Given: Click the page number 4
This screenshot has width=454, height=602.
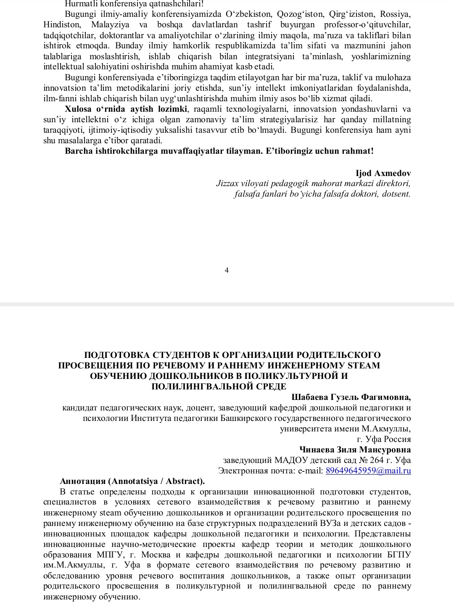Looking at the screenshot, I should click(x=227, y=270).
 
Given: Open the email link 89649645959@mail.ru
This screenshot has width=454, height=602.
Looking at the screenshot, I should click(x=368, y=471).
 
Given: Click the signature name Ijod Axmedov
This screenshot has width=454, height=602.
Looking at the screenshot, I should click(x=383, y=173).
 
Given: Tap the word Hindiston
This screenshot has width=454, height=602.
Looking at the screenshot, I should click(x=62, y=25).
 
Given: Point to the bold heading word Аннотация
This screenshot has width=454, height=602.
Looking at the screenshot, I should click(x=83, y=481).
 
